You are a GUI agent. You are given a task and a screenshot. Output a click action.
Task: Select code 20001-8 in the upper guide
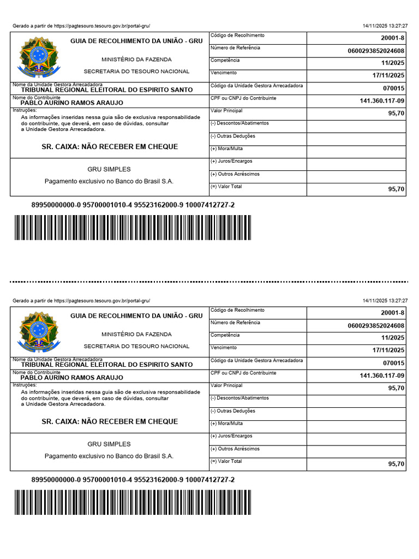(393, 38)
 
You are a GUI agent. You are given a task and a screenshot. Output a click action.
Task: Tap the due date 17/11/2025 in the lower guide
(388, 350)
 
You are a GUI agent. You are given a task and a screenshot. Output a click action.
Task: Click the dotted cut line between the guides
(209, 282)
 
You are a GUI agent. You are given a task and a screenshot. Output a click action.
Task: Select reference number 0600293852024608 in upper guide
(376, 51)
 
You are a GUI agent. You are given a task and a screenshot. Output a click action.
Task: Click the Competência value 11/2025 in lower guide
(392, 338)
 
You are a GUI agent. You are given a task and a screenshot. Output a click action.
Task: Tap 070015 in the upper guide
(393, 88)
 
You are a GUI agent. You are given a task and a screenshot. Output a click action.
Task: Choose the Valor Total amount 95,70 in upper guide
(396, 189)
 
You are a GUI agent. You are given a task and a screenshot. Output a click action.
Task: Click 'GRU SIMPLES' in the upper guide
(109, 169)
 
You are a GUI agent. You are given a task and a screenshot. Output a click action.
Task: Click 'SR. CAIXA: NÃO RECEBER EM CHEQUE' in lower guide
(110, 421)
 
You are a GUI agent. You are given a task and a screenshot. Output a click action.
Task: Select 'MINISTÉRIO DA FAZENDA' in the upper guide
(136, 59)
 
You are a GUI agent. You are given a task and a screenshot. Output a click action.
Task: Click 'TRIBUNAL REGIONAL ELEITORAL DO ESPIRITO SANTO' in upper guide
(106, 90)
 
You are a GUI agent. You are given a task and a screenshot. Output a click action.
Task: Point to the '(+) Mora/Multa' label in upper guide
(226, 148)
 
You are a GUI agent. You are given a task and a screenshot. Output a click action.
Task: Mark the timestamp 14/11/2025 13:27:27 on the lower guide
(385, 301)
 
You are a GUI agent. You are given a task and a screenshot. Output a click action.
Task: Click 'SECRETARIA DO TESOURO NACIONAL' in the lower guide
(136, 346)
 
